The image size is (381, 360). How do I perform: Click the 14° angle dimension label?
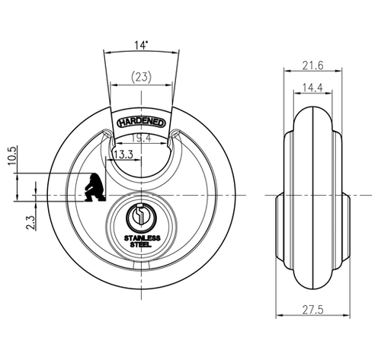pyautogui.click(x=141, y=45)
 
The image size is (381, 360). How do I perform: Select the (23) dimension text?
pyautogui.click(x=141, y=77)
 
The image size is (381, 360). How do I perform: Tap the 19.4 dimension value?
pyautogui.click(x=141, y=139)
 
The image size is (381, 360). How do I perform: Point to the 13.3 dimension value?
pyautogui.click(x=123, y=155)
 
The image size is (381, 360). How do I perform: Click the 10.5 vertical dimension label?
pyautogui.click(x=13, y=155)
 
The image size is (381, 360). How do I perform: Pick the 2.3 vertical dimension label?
pyautogui.click(x=30, y=223)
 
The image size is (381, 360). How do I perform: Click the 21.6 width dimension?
pyautogui.click(x=313, y=65)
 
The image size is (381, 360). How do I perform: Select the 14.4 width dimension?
pyautogui.click(x=312, y=88)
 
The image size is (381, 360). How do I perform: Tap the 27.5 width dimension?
pyautogui.click(x=313, y=310)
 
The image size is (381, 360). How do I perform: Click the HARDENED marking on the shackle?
pyautogui.click(x=141, y=123)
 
